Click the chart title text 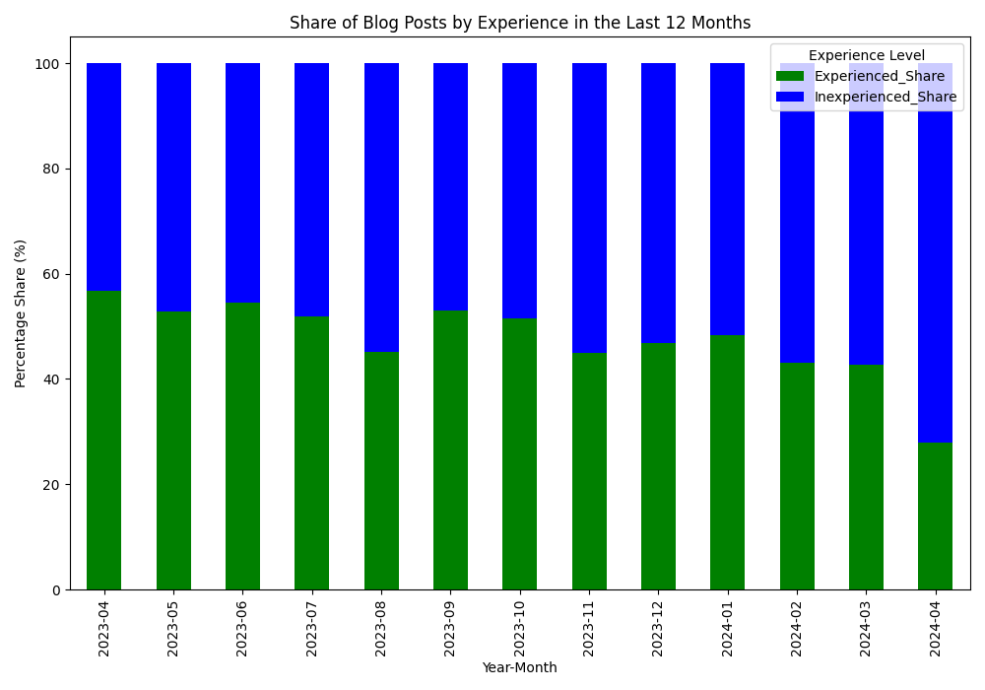[x=520, y=23]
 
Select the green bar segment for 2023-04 [x=104, y=441]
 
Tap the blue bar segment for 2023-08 [x=381, y=207]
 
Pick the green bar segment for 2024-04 [x=935, y=516]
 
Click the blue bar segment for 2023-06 [x=242, y=183]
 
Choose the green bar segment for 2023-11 [x=589, y=471]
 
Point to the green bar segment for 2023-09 [x=450, y=449]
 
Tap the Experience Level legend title [x=866, y=55]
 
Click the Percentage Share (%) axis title [x=21, y=313]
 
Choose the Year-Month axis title [x=519, y=668]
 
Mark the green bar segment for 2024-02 [x=797, y=476]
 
